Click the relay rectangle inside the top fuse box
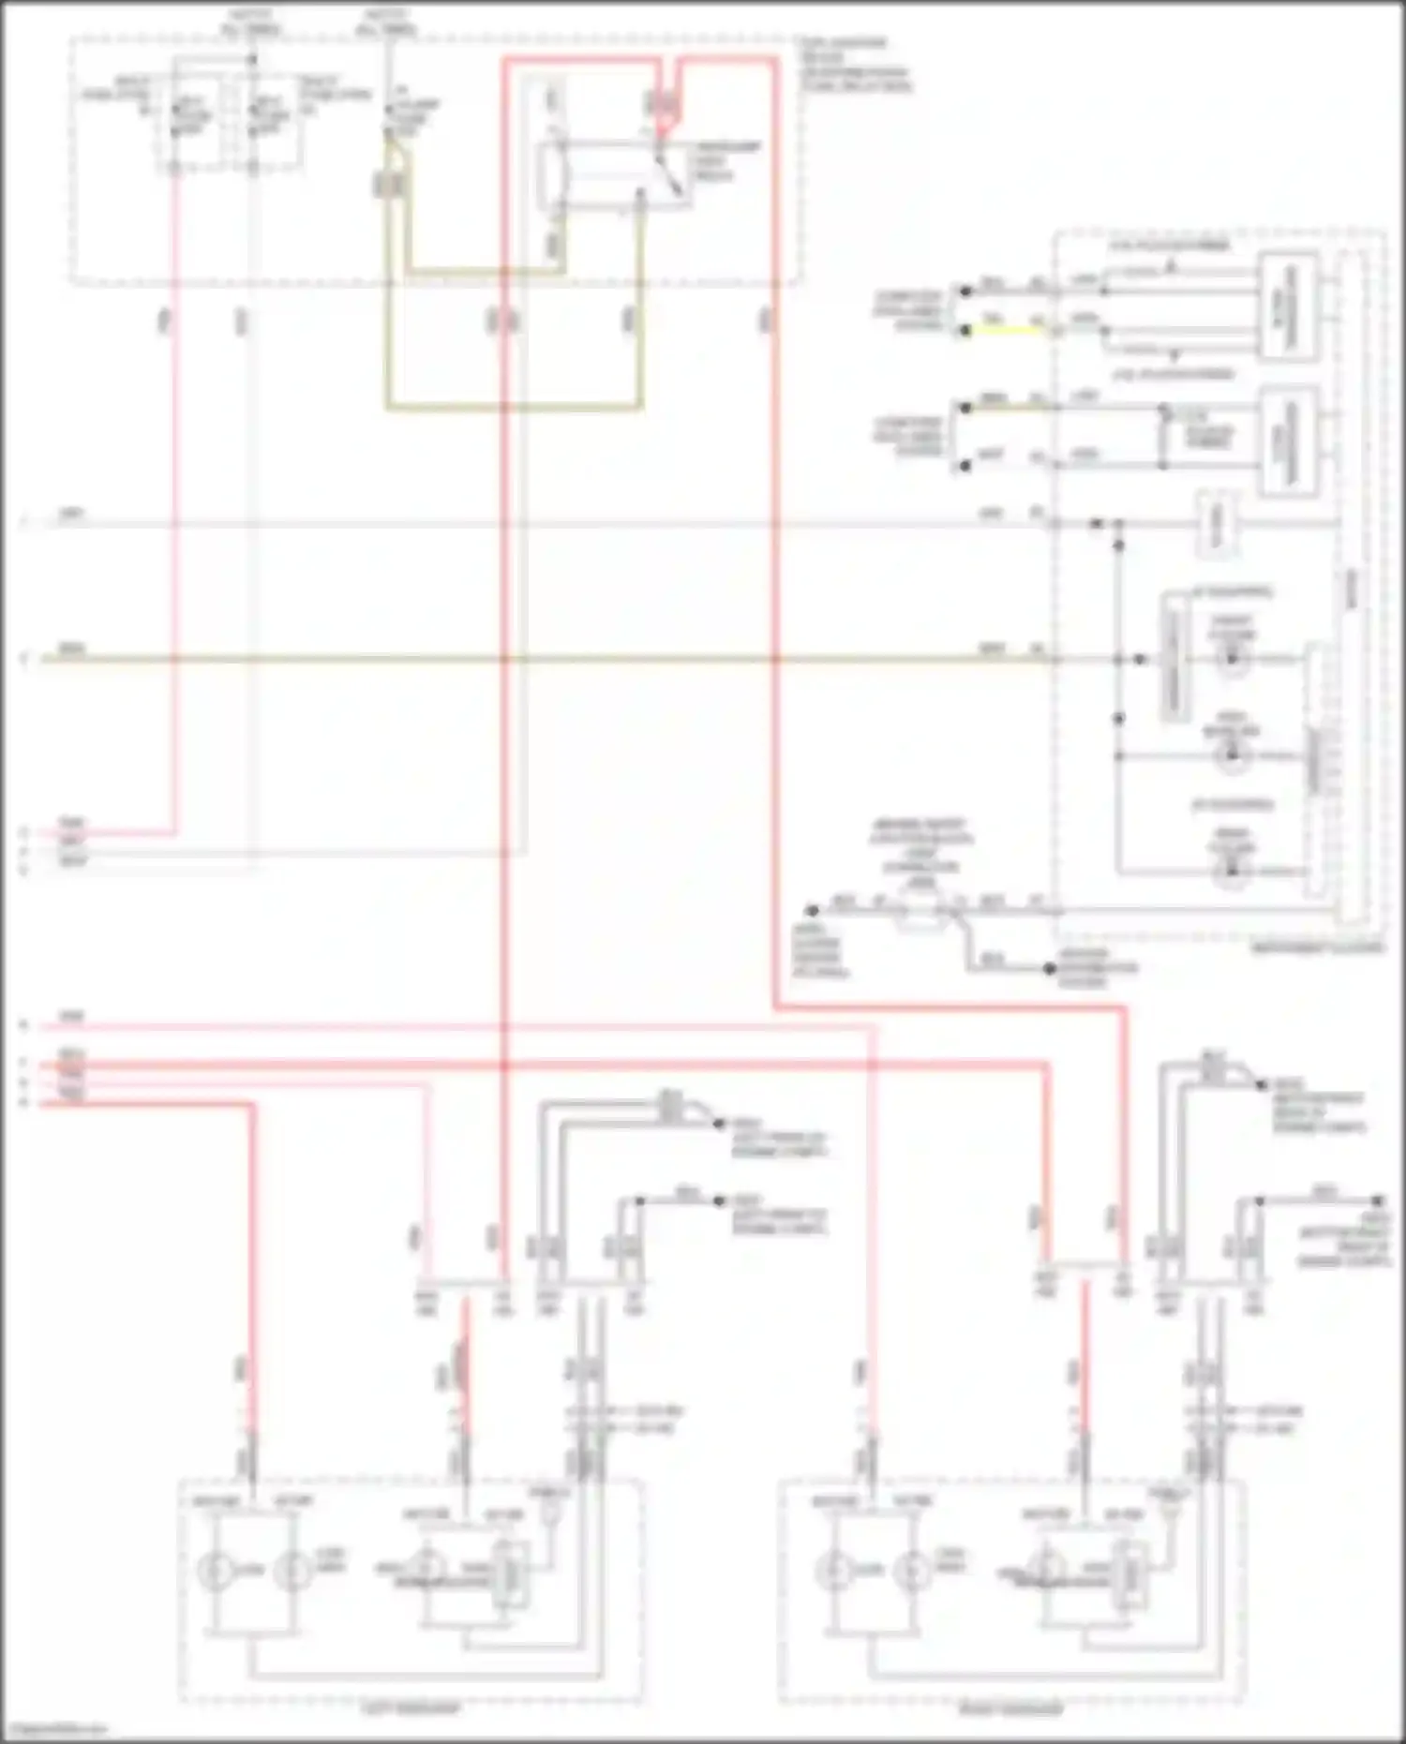click(614, 177)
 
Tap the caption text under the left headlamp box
click(411, 1708)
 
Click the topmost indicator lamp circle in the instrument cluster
click(1233, 659)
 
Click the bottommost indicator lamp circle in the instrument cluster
click(1233, 871)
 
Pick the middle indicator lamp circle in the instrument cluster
click(1233, 756)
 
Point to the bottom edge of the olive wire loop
click(514, 408)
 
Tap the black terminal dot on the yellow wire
click(965, 331)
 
